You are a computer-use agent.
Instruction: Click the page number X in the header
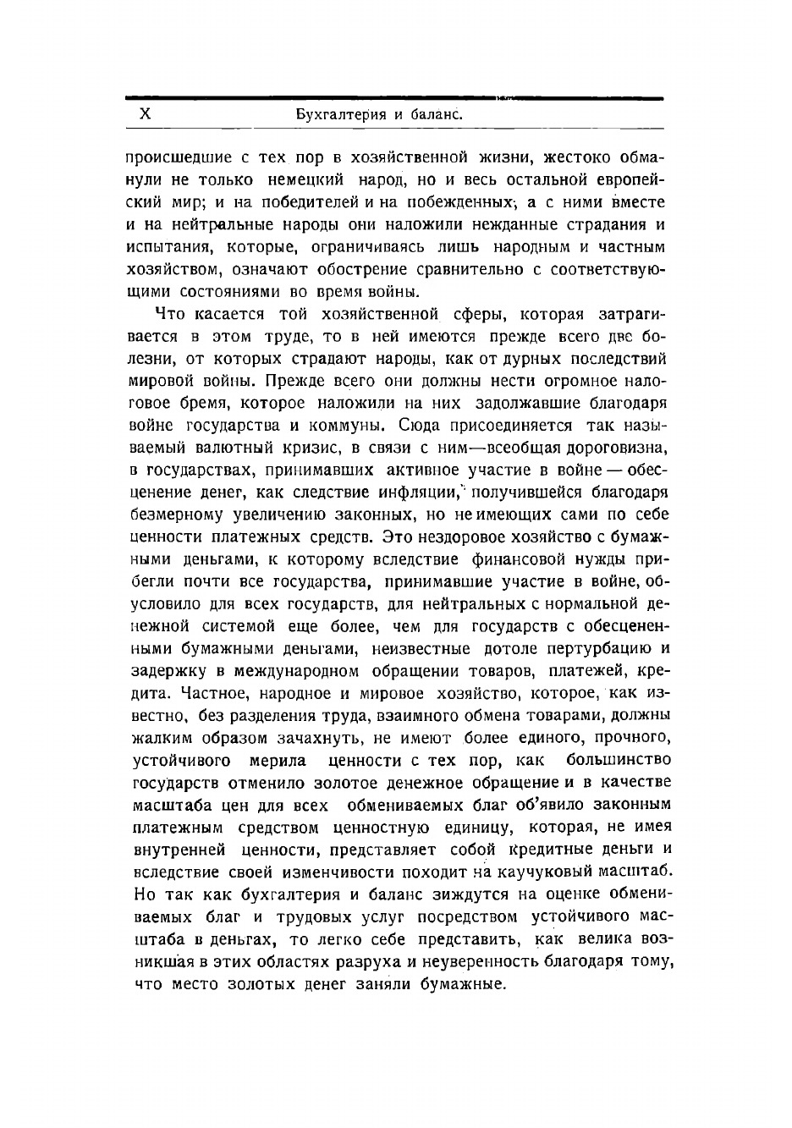(x=144, y=113)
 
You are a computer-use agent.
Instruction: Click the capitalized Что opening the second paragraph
(x=170, y=315)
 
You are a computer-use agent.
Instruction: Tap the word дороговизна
(x=606, y=448)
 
